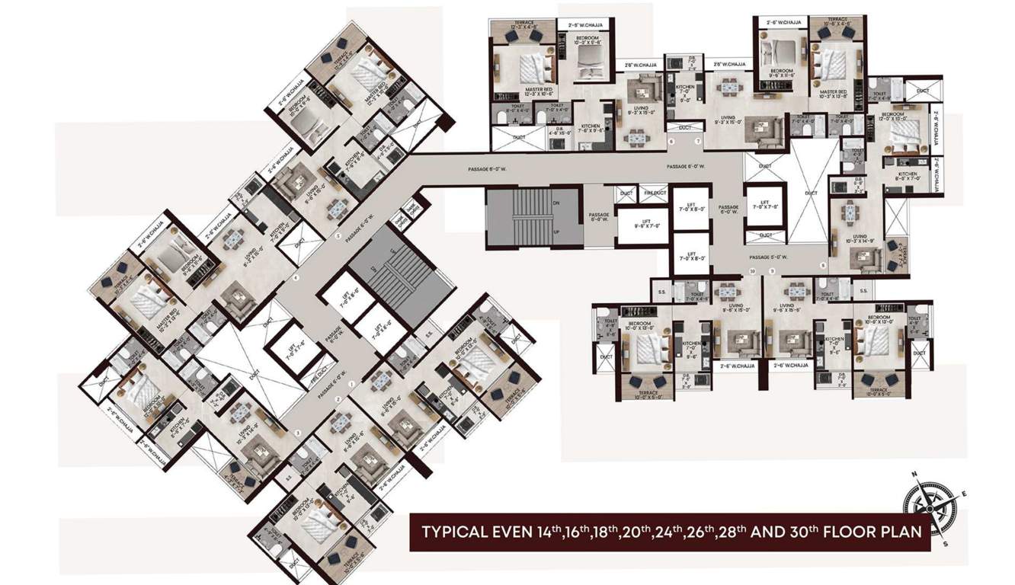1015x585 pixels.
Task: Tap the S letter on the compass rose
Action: click(x=945, y=544)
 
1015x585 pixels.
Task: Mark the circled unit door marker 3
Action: click(x=299, y=433)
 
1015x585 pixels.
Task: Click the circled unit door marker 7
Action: click(x=696, y=142)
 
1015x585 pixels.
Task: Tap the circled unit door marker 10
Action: click(x=751, y=271)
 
